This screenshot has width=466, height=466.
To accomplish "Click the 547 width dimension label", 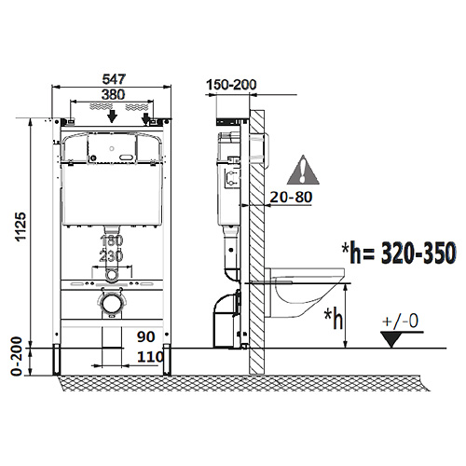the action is pos(114,79).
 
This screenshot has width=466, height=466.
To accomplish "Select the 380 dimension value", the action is pos(114,94).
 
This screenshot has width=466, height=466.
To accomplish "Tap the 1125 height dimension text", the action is pos(21,226).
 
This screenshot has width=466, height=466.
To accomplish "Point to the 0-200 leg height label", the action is pos(17,356).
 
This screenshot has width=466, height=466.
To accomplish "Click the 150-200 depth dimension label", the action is pos(231,85).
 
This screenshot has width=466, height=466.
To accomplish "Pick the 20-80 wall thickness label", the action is pos(291,197).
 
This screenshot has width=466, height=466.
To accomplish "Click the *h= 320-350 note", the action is pos(399,253).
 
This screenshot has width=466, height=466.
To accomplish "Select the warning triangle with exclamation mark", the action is pos(303,170).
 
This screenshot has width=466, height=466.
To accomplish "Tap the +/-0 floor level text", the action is pos(401,322).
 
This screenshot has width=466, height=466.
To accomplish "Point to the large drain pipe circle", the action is pos(111,303).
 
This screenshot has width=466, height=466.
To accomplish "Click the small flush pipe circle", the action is pos(111,275).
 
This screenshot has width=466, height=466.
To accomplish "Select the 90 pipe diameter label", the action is pos(145,336).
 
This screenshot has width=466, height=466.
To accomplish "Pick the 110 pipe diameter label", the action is pos(150,357).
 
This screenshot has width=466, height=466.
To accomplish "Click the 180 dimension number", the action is pos(112,240).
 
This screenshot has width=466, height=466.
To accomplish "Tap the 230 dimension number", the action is pos(112,256).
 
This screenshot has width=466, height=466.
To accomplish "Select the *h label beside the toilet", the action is pos(334,318).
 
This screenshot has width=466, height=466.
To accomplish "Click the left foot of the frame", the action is pos(56,360).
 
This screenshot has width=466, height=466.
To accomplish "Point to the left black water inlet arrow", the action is pos(112,116).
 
